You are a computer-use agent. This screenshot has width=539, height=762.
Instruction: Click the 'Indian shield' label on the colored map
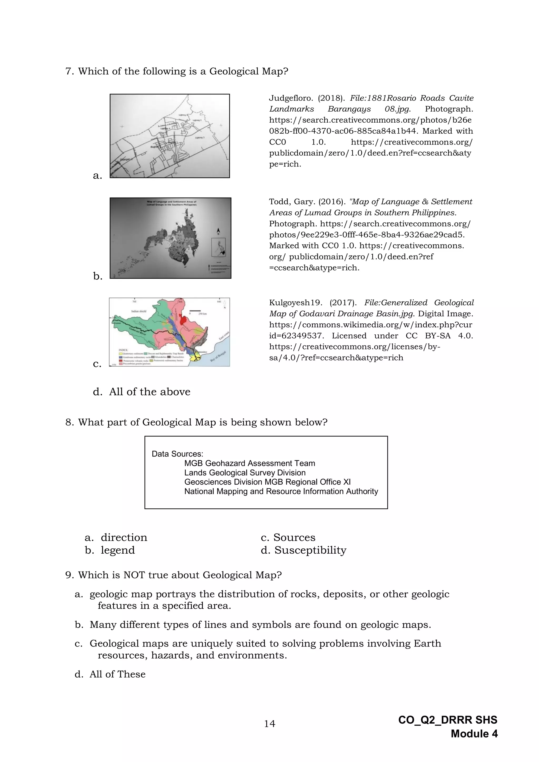(139, 311)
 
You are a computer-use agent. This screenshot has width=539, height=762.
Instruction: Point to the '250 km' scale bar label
(202, 314)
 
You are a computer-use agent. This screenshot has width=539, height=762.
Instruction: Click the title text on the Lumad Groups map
(172, 203)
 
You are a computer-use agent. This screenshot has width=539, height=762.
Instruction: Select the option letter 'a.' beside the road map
(97, 176)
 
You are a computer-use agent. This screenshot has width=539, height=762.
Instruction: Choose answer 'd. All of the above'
(142, 392)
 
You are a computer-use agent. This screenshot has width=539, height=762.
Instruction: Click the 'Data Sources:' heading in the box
(177, 454)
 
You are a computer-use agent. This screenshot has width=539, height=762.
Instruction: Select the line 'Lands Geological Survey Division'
(245, 473)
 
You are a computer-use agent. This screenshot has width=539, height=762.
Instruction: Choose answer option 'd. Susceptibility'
(303, 550)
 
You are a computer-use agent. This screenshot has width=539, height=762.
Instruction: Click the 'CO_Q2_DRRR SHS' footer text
(447, 720)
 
